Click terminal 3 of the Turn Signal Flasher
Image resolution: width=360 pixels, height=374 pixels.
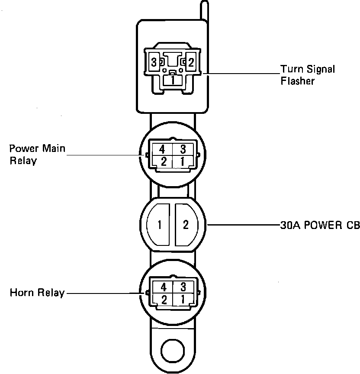pyautogui.click(x=154, y=62)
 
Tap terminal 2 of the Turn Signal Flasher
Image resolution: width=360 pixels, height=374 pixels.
pyautogui.click(x=191, y=62)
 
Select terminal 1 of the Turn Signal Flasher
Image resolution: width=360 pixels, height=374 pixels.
pyautogui.click(x=172, y=80)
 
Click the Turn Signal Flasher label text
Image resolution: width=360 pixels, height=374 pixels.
pyautogui.click(x=308, y=75)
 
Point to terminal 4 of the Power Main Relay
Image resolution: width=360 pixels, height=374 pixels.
pyautogui.click(x=162, y=149)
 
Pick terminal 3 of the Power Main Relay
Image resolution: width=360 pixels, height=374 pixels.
pyautogui.click(x=183, y=149)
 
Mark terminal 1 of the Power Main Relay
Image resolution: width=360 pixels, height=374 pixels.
pyautogui.click(x=183, y=162)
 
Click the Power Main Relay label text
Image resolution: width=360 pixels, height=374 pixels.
pyautogui.click(x=37, y=155)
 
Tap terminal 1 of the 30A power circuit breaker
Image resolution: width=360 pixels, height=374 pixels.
pyautogui.click(x=160, y=225)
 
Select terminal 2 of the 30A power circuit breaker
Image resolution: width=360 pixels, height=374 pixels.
pyautogui.click(x=186, y=225)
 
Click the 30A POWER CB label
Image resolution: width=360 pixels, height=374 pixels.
pyautogui.click(x=319, y=225)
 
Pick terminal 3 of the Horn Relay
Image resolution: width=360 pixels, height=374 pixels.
pyautogui.click(x=183, y=287)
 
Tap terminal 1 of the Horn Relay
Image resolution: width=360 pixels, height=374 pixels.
pyautogui.click(x=183, y=299)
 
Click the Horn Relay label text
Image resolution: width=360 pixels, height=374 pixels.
pyautogui.click(x=37, y=293)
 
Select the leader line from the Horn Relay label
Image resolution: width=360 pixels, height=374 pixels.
pyautogui.click(x=104, y=293)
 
